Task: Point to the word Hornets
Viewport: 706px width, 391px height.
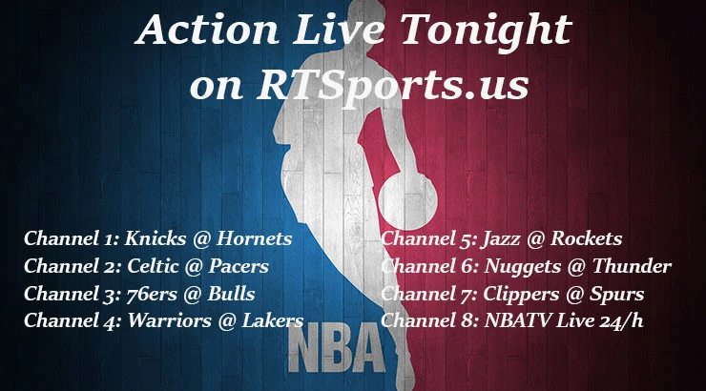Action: (x=252, y=238)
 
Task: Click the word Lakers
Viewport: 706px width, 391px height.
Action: (x=270, y=321)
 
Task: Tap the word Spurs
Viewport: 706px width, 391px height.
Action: (x=617, y=294)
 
